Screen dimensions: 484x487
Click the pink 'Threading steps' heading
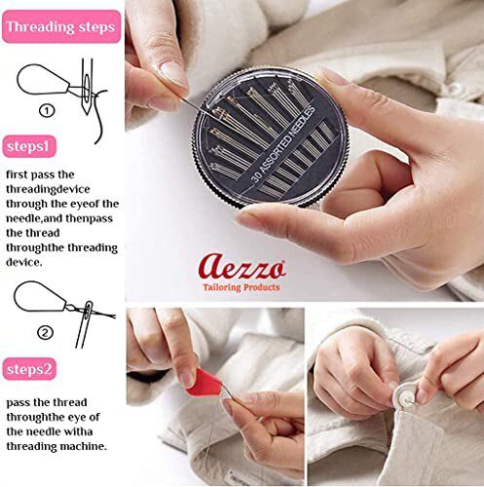pyautogui.click(x=61, y=26)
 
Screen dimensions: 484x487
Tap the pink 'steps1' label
pyautogui.click(x=29, y=146)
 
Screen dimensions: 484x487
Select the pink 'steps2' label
pyautogui.click(x=29, y=369)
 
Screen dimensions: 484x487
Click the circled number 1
pyautogui.click(x=47, y=111)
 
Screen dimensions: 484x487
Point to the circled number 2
pyautogui.click(x=45, y=333)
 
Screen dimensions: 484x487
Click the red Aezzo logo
pyautogui.click(x=242, y=266)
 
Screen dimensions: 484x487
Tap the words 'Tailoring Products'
pyautogui.click(x=242, y=287)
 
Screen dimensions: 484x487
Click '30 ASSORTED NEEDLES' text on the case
pyautogui.click(x=283, y=143)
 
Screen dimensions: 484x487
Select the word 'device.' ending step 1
pyautogui.click(x=24, y=262)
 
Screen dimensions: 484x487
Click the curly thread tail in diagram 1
pyautogui.click(x=101, y=123)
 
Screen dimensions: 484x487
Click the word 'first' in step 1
pyautogui.click(x=17, y=174)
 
